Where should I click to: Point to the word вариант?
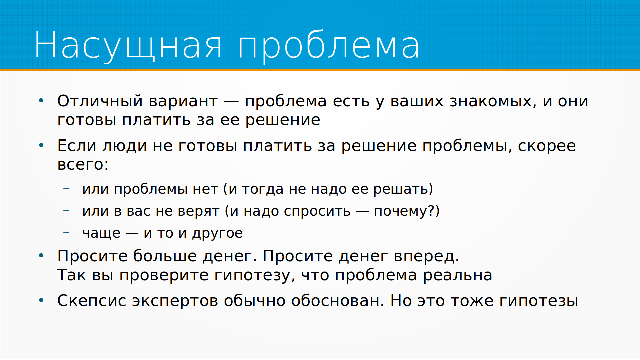pos(183,101)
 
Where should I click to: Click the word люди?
pos(125,146)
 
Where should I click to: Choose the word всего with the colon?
pos(83,164)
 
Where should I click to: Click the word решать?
pos(400,189)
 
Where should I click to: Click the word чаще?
pos(101,233)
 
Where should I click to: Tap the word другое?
pos(217,233)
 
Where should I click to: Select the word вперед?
pos(426,256)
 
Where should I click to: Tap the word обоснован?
pos(337,301)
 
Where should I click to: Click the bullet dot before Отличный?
pos(41,100)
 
